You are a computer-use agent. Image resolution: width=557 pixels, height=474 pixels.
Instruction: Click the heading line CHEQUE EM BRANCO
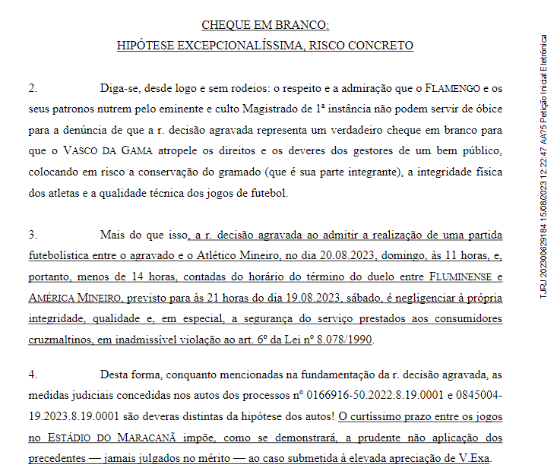coord(265,26)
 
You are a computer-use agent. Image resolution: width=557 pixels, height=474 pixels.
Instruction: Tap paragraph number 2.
coord(33,88)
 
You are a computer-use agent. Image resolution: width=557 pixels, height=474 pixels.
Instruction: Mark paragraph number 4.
coord(33,374)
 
